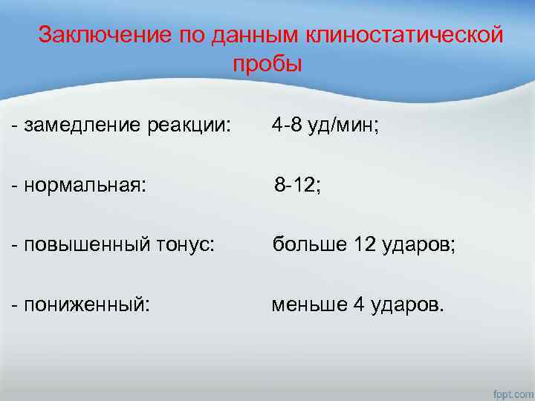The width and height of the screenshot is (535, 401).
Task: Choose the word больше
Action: click(x=305, y=244)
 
